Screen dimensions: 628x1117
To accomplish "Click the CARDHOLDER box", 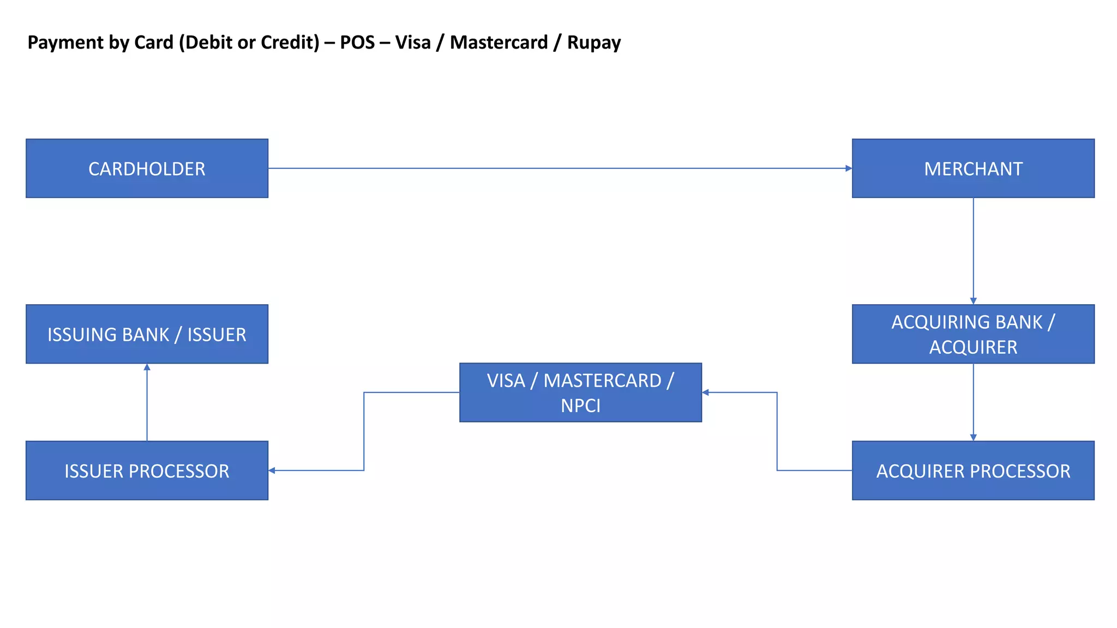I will (147, 168).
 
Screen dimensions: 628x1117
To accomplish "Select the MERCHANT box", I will (973, 168).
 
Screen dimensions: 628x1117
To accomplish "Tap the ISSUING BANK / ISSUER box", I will (147, 334).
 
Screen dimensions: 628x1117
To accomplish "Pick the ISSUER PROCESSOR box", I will (147, 470).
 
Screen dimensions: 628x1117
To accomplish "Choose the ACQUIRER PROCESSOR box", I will (973, 470).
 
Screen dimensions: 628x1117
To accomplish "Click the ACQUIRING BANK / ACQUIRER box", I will (973, 334).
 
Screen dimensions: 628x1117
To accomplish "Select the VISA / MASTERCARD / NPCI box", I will (580, 392).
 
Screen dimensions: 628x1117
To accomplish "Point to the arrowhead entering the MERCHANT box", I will (848, 168).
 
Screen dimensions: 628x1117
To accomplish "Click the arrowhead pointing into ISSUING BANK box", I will (147, 367).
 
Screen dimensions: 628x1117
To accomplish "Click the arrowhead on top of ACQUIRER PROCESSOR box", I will (973, 437).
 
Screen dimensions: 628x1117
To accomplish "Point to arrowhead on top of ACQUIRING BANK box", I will (973, 301).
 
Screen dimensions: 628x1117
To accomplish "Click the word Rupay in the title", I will (594, 43).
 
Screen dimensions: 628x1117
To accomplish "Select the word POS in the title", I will (357, 43).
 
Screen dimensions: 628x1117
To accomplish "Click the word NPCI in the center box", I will (580, 406).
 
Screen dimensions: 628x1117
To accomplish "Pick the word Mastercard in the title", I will (499, 43).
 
